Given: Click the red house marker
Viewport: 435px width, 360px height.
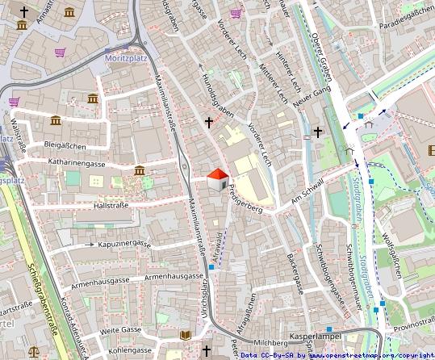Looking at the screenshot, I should pos(217,179).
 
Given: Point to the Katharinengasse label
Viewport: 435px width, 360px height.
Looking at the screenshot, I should pos(77,163).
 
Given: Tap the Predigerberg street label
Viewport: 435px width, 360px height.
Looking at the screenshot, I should pos(245,199).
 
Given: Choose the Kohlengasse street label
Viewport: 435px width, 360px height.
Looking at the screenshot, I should pos(131,350).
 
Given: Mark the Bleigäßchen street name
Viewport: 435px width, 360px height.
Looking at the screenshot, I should pos(65,145).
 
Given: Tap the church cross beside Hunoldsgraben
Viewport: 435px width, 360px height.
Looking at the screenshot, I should pos(209,123).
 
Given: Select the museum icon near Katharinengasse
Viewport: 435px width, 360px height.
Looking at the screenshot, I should pos(140,170).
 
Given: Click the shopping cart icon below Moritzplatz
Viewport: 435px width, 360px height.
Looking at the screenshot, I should pos(60,52).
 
